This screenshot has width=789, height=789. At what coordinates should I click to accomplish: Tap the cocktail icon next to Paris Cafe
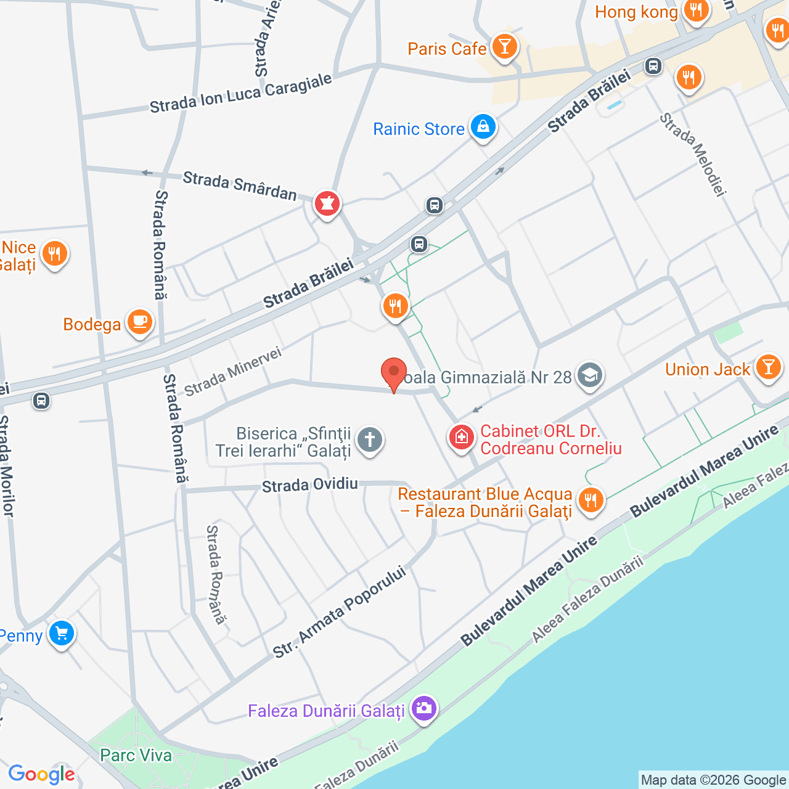(505, 47)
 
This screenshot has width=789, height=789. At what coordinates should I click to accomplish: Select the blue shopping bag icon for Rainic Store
(483, 127)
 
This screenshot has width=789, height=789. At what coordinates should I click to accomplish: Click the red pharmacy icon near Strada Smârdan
(327, 203)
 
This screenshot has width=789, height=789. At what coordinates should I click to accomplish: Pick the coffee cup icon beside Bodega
(140, 322)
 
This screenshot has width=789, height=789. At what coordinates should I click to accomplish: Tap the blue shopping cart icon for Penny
(62, 634)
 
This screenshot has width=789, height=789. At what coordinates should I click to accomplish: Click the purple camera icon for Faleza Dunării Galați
(423, 709)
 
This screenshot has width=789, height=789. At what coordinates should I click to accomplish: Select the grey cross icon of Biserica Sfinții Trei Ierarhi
(370, 440)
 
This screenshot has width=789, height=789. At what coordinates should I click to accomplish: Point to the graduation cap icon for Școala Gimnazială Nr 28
(590, 375)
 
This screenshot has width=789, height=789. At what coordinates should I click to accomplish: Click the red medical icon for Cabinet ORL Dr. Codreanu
(461, 438)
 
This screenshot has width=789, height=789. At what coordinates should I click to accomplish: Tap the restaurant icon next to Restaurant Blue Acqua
(591, 500)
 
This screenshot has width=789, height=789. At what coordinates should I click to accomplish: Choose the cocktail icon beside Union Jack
(768, 367)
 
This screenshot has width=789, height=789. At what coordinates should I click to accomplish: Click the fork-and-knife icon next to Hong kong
(696, 10)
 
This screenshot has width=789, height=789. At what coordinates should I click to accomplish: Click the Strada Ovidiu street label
(310, 485)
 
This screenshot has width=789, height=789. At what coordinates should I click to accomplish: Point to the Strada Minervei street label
(233, 371)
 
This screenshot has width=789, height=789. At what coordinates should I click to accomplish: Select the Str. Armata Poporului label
(340, 611)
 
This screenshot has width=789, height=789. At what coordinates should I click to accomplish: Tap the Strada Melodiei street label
(693, 154)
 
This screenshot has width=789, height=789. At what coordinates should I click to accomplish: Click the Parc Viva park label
(136, 755)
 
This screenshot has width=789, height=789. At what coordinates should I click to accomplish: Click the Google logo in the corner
(41, 774)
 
